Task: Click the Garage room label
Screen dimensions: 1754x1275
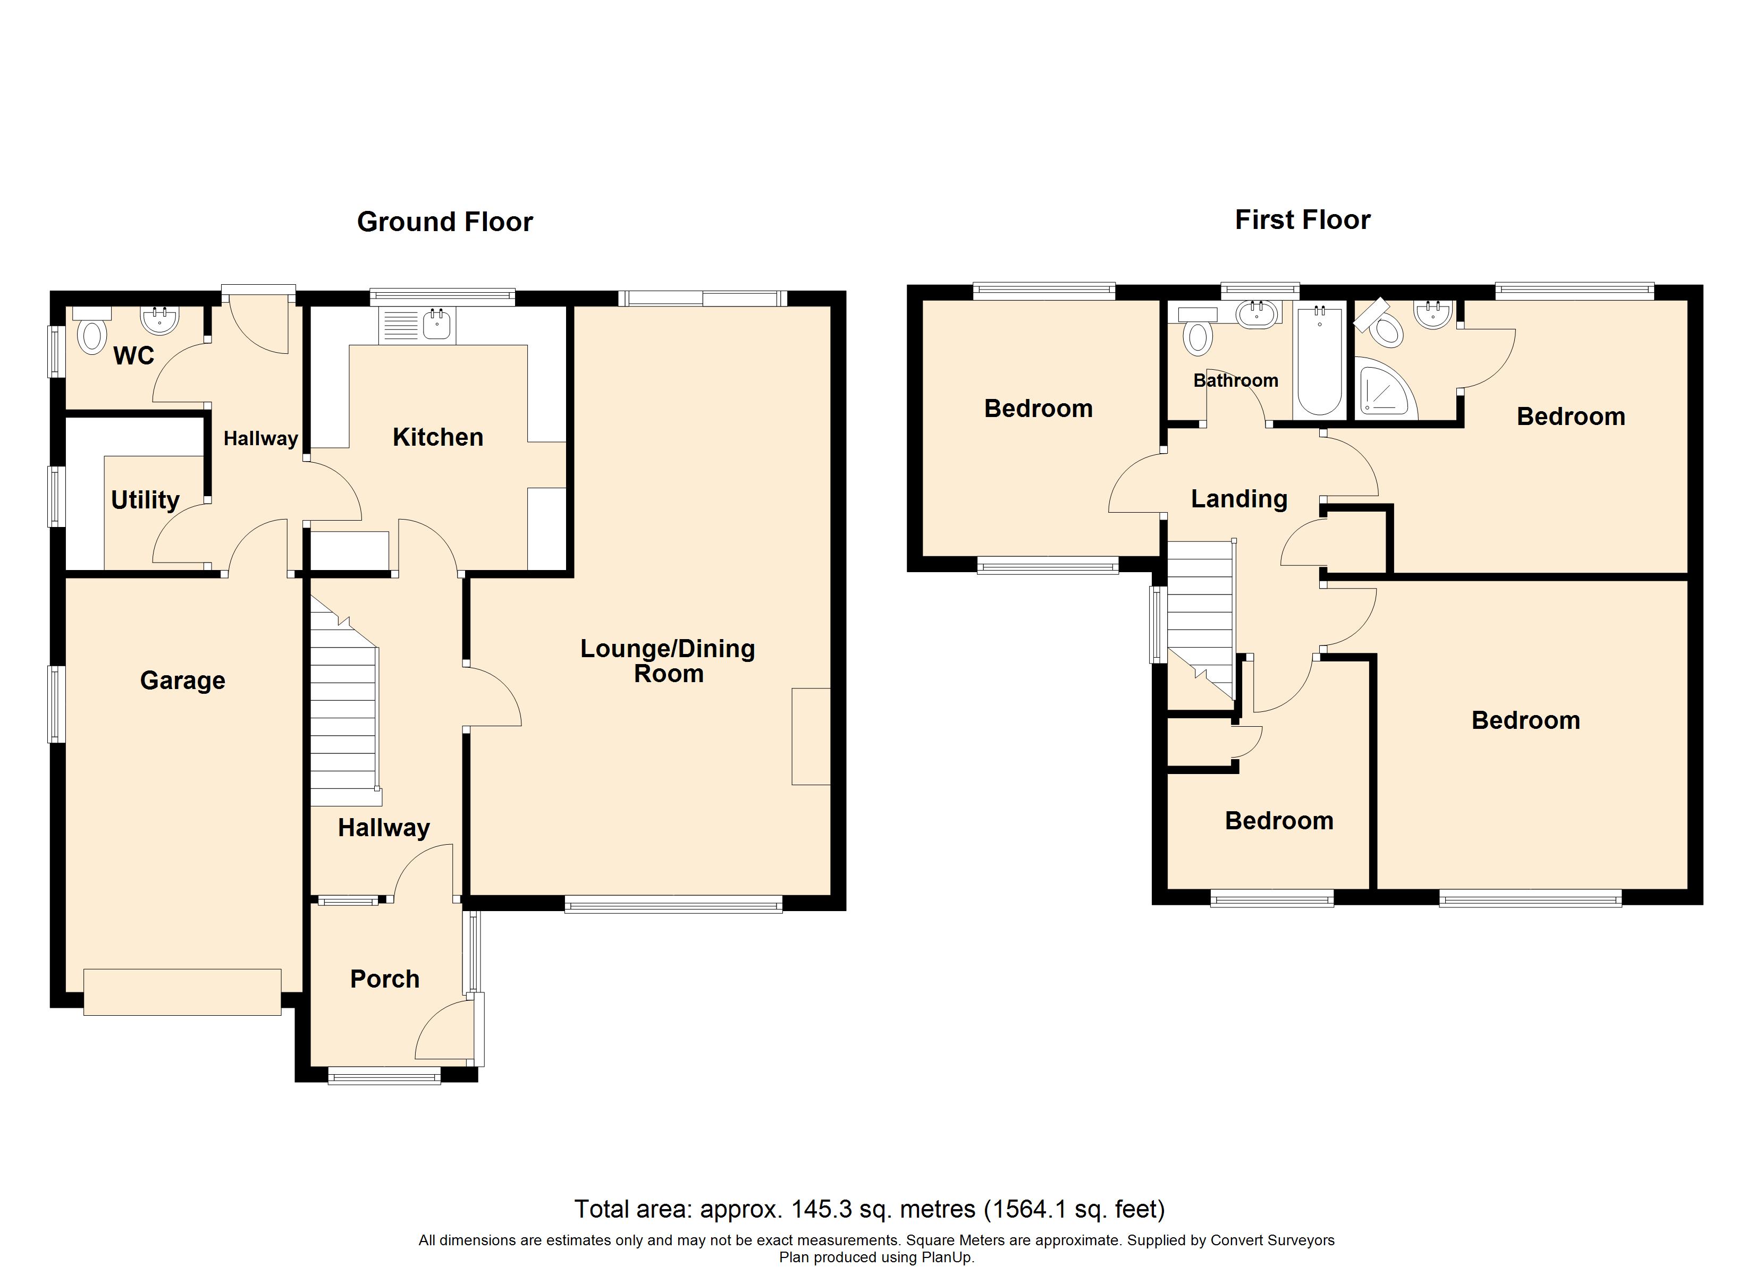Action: [182, 681]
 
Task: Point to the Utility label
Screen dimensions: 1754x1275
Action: [146, 500]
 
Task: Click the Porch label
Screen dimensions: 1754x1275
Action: [384, 979]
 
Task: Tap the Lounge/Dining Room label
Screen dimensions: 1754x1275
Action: [668, 661]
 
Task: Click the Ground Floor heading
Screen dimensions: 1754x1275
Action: [445, 222]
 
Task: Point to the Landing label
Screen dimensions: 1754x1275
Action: [1239, 499]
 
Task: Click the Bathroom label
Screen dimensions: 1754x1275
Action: [1235, 380]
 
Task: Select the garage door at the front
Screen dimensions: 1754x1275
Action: [182, 992]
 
